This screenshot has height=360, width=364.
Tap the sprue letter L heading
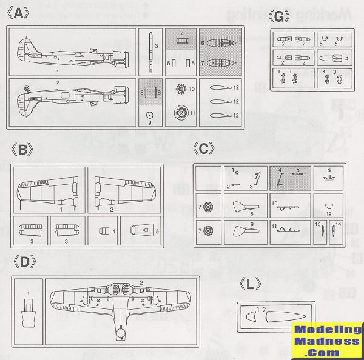[250, 284]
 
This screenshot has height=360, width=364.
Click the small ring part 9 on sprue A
[150, 114]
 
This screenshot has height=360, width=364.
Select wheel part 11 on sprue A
[181, 113]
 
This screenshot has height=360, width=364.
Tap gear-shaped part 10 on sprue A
[180, 89]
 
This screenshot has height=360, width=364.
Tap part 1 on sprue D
[29, 316]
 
